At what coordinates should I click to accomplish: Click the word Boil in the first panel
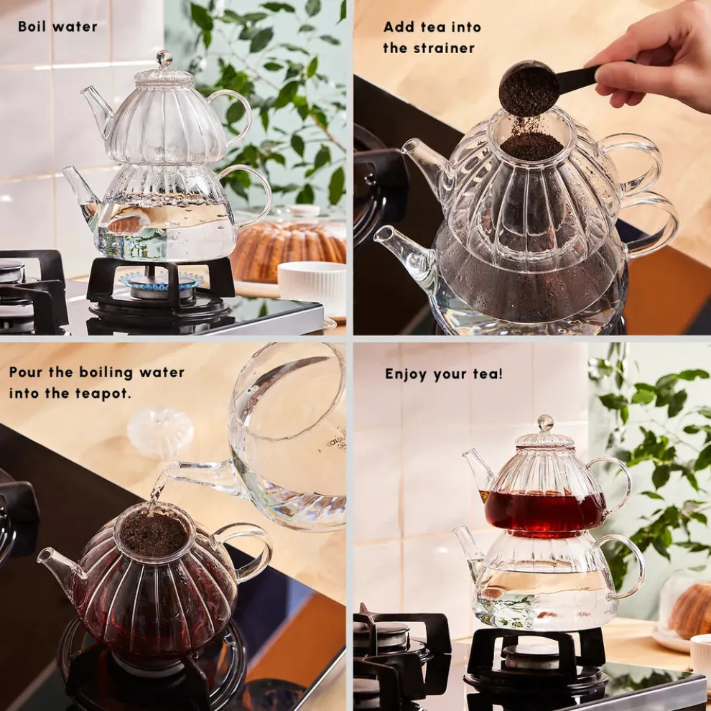coord(33,27)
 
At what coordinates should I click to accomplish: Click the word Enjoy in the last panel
coord(405,374)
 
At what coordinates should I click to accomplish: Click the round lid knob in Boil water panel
coord(164,58)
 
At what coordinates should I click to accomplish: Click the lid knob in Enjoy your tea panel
coord(546,423)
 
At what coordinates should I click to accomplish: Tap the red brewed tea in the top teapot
coord(544,510)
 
